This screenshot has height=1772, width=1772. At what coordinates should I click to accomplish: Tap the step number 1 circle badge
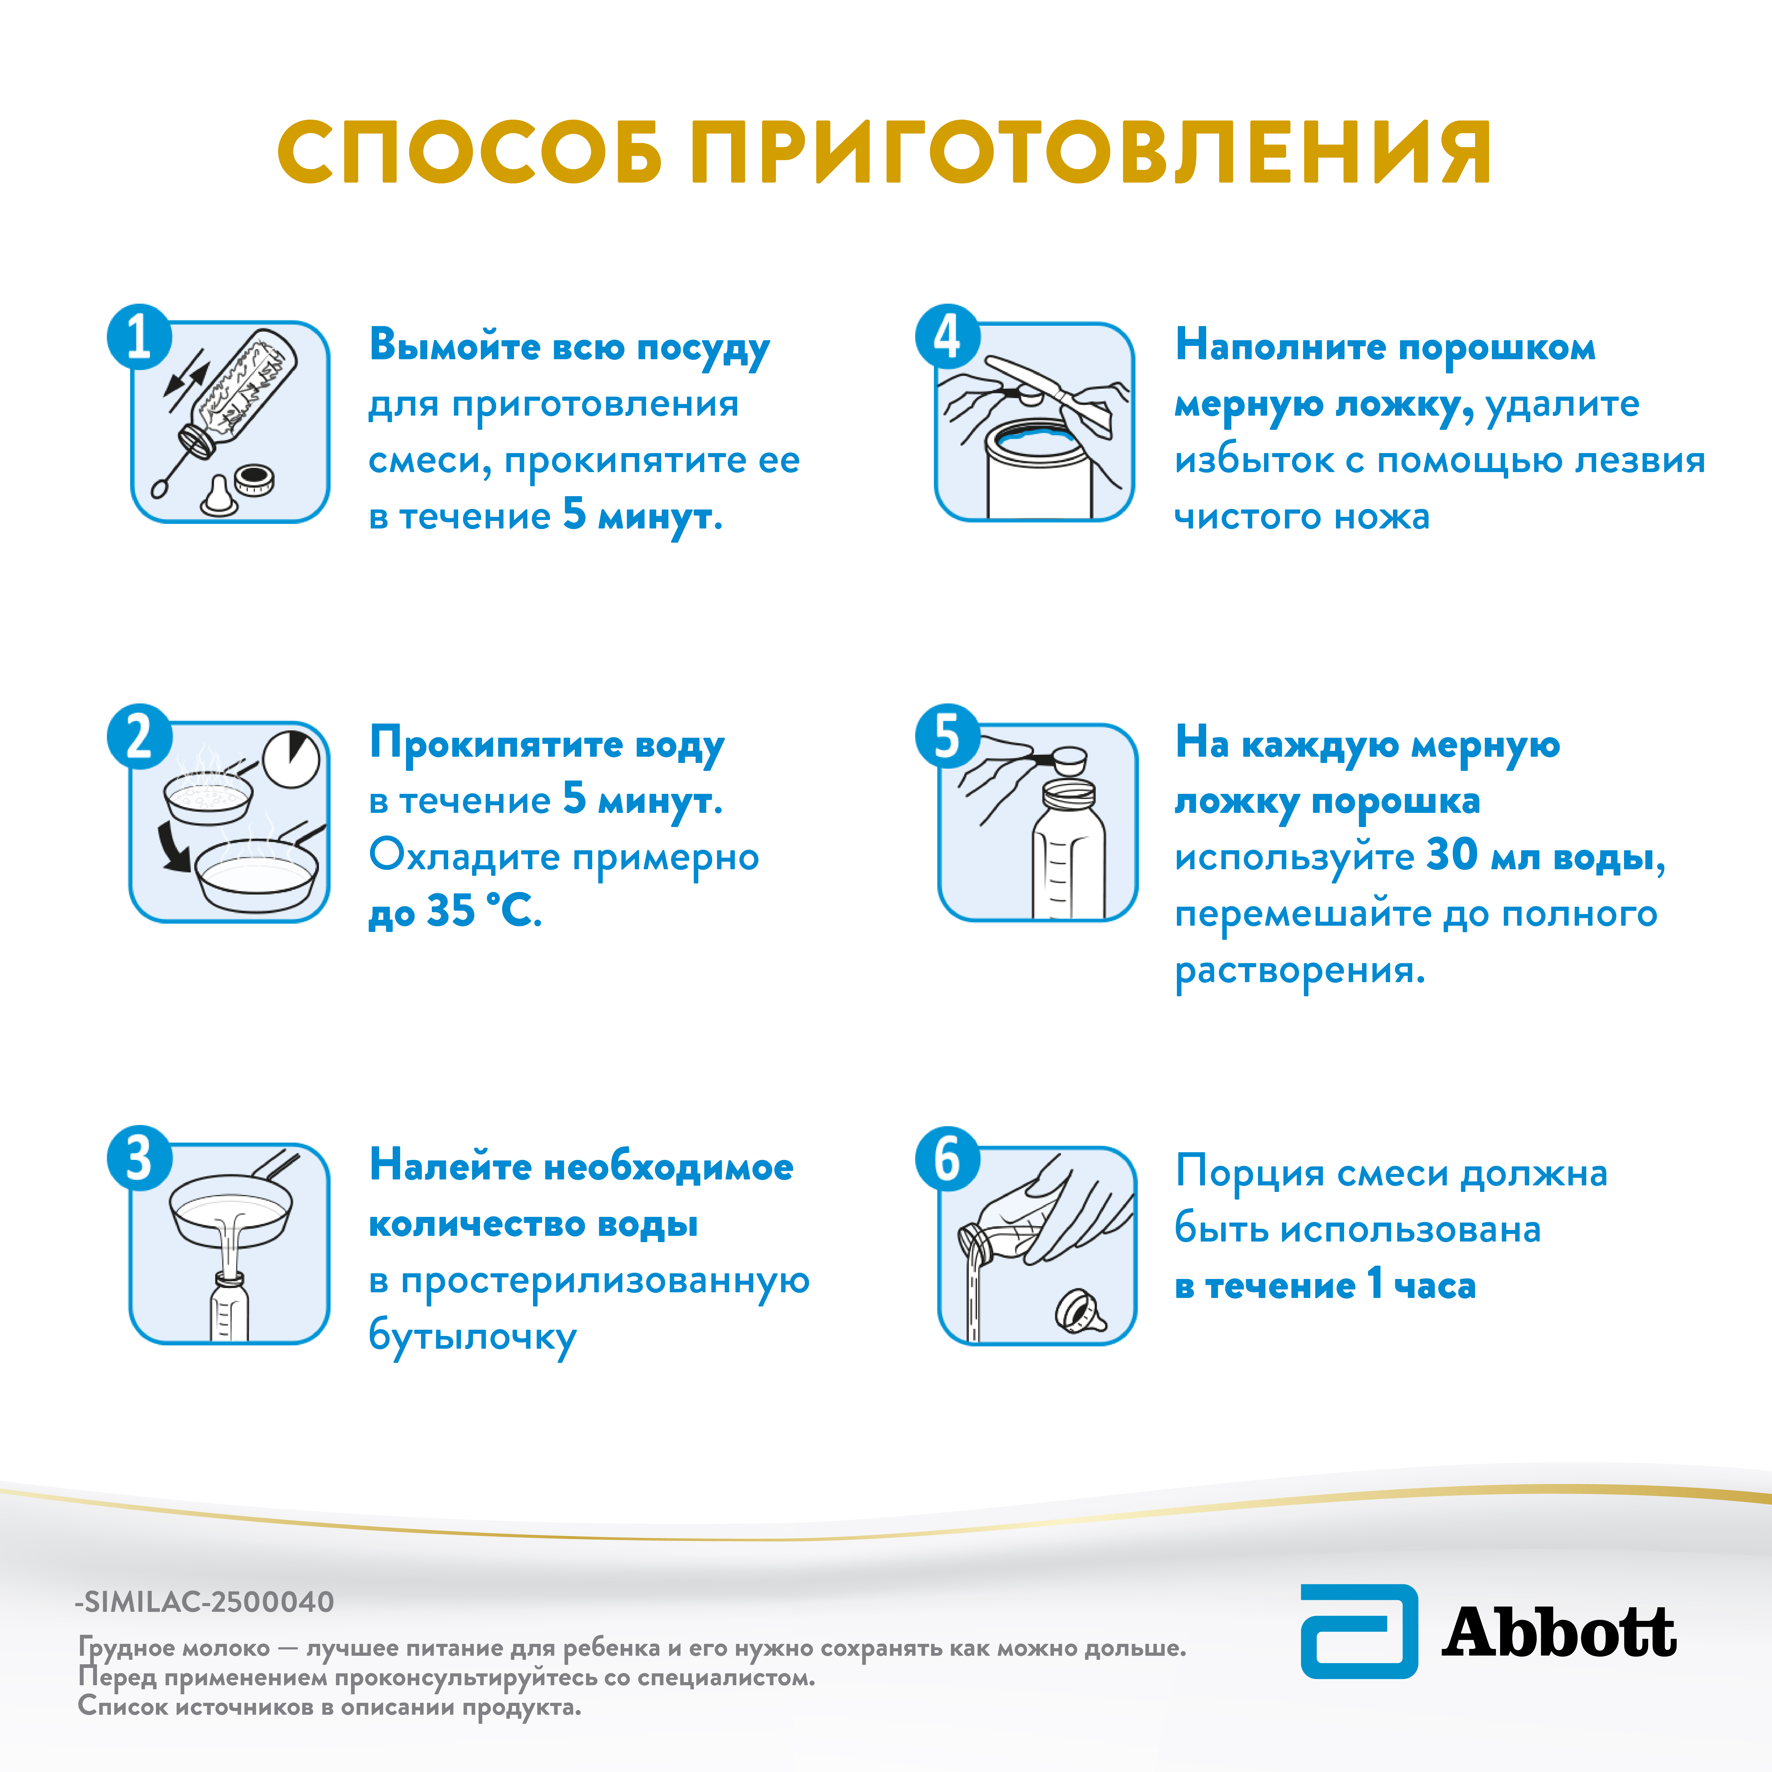(139, 337)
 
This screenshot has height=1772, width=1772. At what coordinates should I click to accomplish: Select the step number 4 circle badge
(948, 337)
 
